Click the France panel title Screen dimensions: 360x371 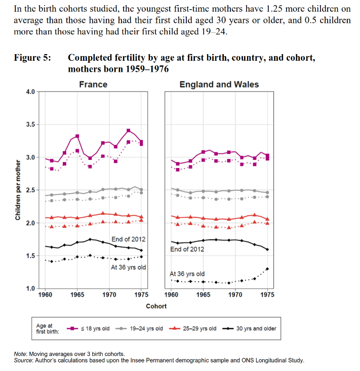[x=93, y=85]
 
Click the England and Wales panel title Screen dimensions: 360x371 [x=219, y=85]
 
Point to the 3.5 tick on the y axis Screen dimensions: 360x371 [x=30, y=125]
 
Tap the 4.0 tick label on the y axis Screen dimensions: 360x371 [x=30, y=92]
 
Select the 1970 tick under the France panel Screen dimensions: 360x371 [x=109, y=295]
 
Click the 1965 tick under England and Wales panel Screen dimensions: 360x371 [x=203, y=295]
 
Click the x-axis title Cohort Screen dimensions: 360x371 [x=156, y=306]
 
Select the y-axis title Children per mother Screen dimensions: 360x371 [x=18, y=190]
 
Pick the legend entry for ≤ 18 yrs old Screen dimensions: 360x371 [x=88, y=328]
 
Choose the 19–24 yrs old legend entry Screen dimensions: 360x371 [x=139, y=328]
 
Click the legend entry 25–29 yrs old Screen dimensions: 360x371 [x=193, y=328]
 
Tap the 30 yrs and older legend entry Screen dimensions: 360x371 [x=250, y=328]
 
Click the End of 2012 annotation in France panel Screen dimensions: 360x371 [x=129, y=239]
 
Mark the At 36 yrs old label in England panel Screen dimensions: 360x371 [x=187, y=274]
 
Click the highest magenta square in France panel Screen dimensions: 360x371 [x=128, y=131]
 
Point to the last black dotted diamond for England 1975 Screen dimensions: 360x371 [x=267, y=269]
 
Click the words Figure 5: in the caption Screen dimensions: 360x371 [x=32, y=58]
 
